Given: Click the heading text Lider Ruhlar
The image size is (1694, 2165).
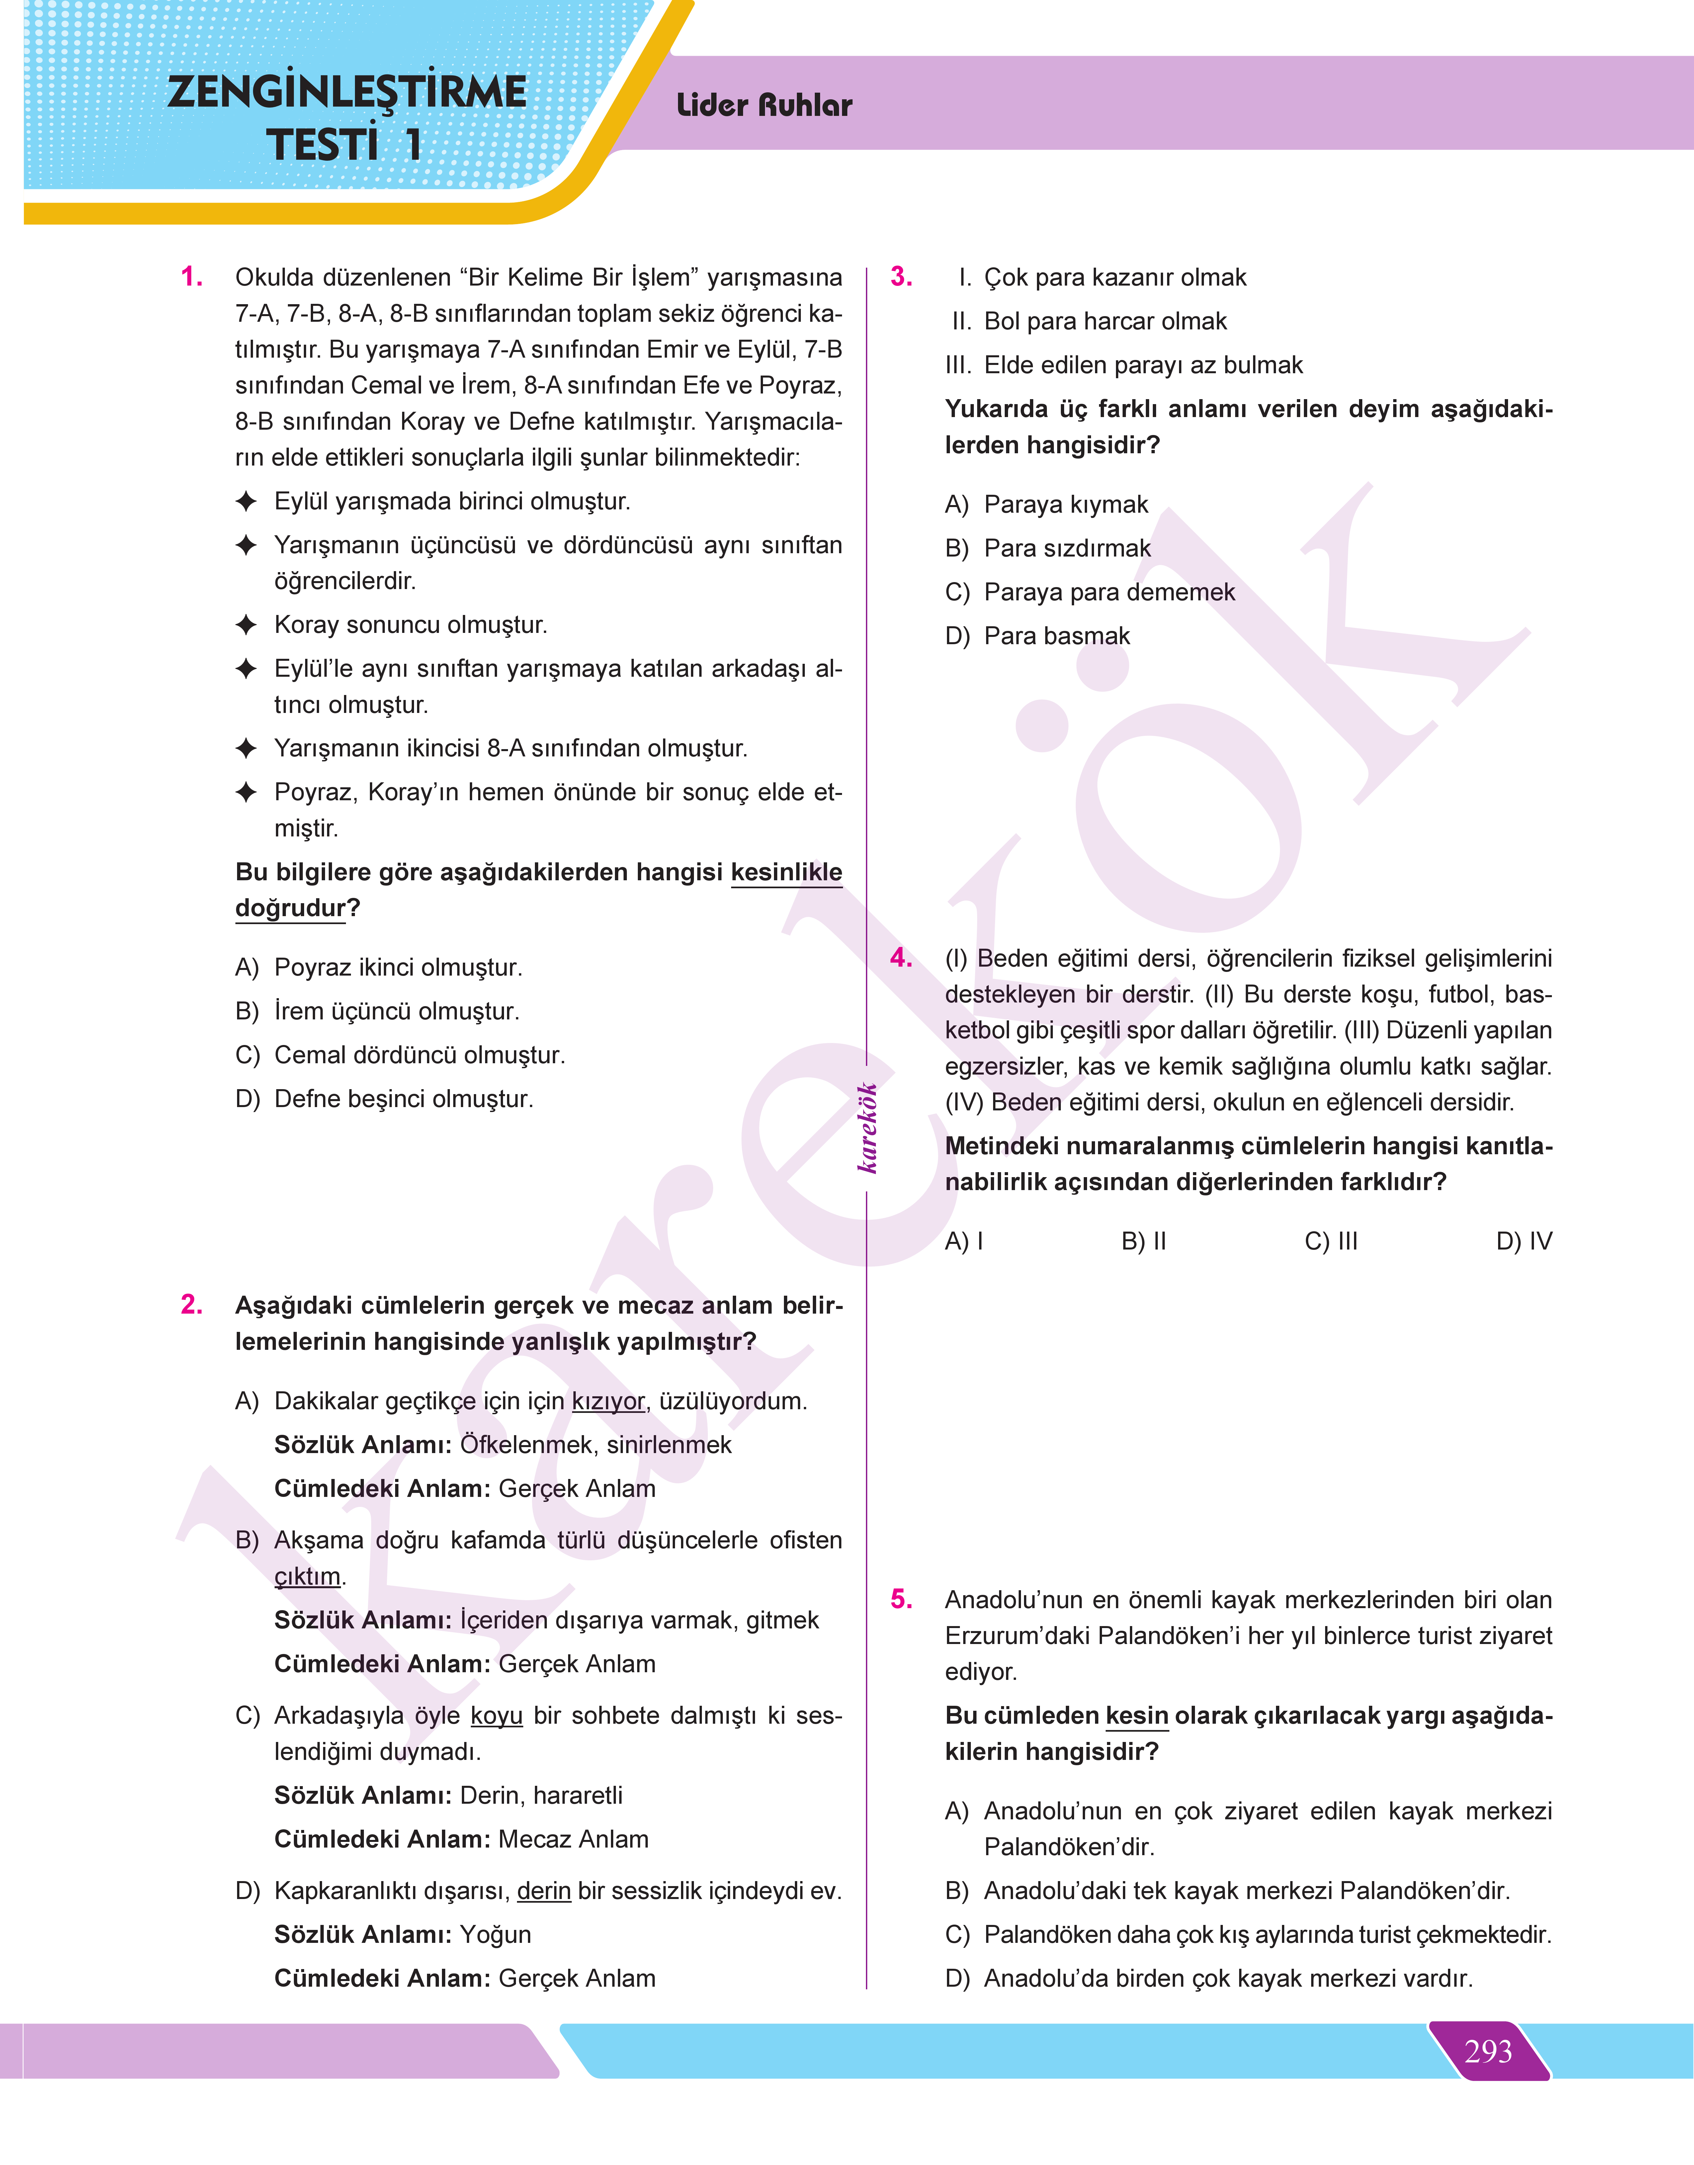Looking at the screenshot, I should [x=764, y=105].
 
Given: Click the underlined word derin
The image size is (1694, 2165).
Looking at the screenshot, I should [x=544, y=1890].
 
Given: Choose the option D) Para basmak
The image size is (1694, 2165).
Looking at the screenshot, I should [x=1038, y=636].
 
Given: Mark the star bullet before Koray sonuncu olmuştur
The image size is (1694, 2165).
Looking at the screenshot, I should [x=246, y=625].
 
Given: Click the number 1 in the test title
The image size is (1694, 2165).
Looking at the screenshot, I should [x=413, y=145].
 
